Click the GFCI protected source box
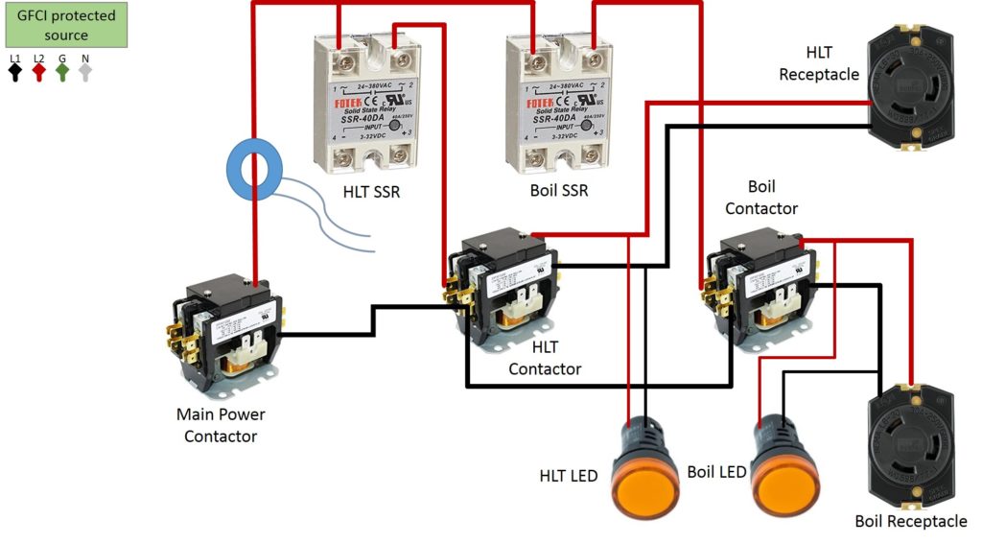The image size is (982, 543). (65, 26)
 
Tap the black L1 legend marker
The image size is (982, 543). (14, 69)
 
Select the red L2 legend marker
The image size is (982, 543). (39, 69)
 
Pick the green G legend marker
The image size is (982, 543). (62, 69)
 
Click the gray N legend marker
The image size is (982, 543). (86, 69)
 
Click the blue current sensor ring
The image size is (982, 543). (253, 172)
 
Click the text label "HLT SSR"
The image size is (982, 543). (371, 192)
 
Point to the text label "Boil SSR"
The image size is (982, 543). (559, 191)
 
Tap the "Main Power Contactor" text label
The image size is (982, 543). (221, 425)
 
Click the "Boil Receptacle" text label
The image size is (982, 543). (910, 521)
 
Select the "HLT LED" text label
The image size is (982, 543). (569, 476)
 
